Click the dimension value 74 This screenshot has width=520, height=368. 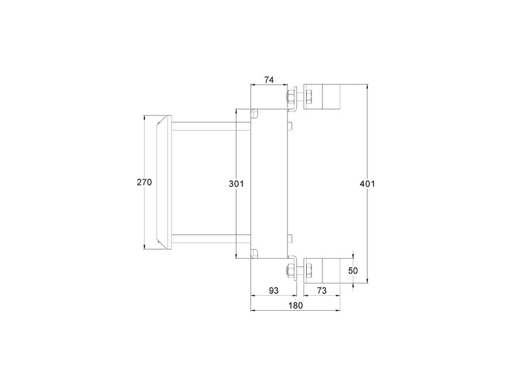click(269, 80)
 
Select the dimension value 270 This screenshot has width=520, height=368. click(144, 182)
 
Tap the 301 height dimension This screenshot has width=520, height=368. click(236, 183)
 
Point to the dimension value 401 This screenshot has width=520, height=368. click(367, 183)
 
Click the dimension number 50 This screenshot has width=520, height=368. click(353, 270)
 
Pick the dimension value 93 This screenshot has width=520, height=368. click(273, 291)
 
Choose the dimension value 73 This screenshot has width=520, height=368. click(322, 291)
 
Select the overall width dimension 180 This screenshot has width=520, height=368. click(296, 306)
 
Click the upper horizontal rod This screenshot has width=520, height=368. click(211, 126)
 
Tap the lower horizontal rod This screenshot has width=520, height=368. click(211, 238)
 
